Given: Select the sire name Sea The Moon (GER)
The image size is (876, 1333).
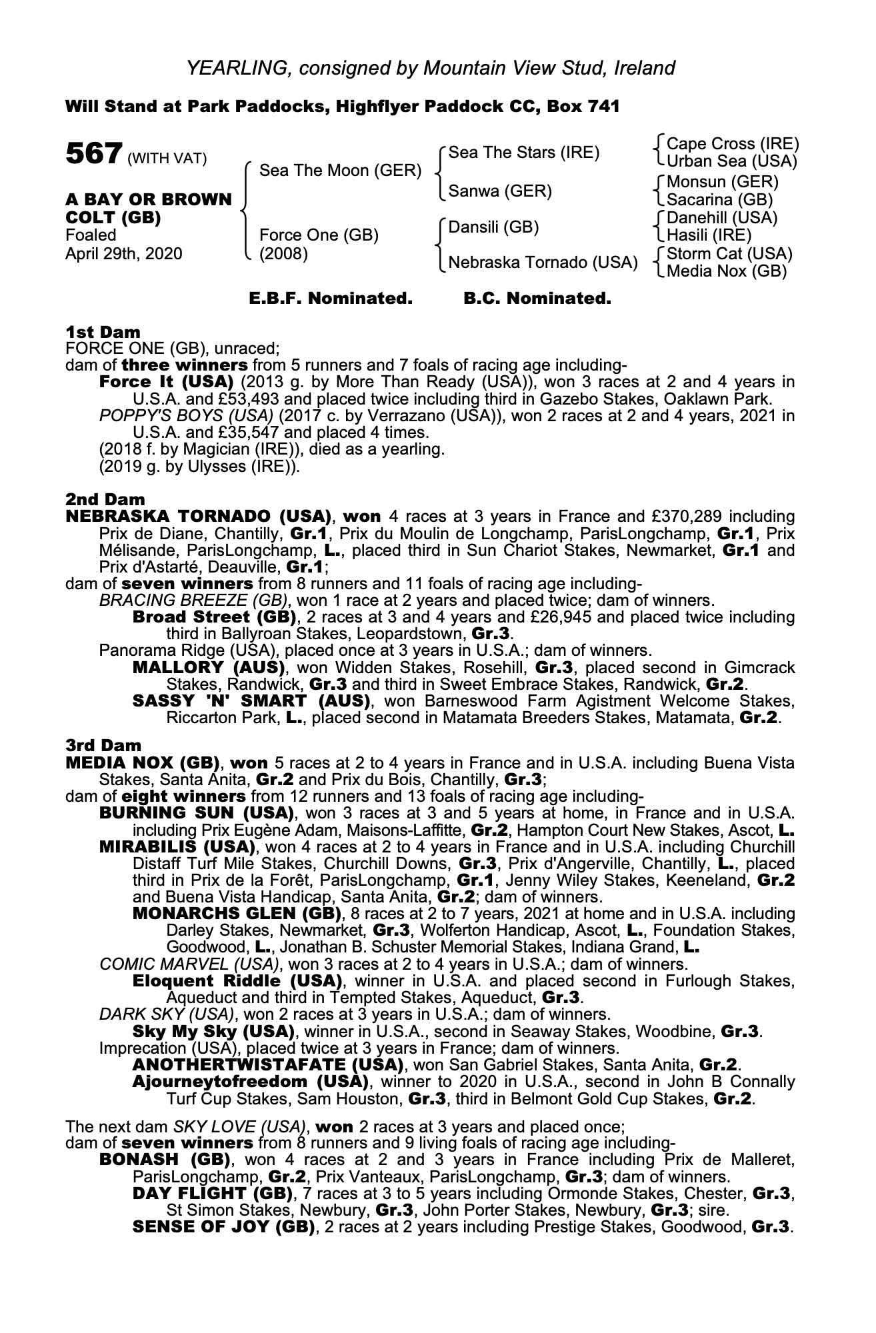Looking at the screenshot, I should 340,171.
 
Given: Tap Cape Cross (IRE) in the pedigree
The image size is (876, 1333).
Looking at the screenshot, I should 732,144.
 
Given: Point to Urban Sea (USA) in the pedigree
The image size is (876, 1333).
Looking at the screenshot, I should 732,161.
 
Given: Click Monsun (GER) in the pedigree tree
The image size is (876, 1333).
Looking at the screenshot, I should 722,181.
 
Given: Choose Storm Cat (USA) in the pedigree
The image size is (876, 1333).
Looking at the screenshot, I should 729,254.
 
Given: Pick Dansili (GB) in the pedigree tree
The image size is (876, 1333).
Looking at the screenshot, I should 493,227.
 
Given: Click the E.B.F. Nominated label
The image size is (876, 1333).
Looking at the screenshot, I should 331,299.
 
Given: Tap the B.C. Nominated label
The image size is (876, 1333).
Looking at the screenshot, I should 537,299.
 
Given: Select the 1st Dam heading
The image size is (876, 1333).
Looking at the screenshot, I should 103,332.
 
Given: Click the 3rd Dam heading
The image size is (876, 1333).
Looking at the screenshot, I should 103,745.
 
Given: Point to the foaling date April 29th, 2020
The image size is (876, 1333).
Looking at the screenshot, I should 123,254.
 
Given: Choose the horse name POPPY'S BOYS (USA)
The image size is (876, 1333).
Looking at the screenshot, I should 185,416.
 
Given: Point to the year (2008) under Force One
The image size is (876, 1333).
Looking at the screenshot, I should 283,254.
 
